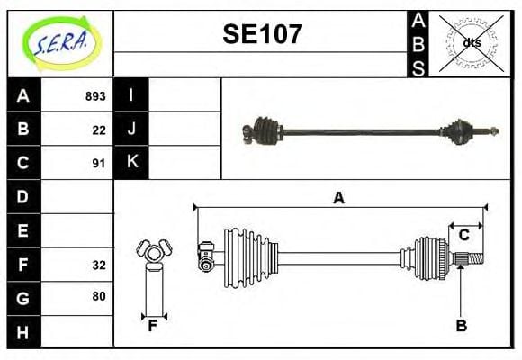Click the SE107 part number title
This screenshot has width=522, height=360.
click(x=262, y=35)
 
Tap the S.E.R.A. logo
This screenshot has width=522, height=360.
click(x=62, y=42)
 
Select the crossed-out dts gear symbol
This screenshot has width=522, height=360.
click(x=471, y=42)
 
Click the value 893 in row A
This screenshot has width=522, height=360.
click(x=95, y=96)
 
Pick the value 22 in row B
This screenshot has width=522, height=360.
click(x=99, y=130)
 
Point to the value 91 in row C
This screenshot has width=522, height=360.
click(x=99, y=164)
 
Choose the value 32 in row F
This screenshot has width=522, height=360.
click(x=99, y=265)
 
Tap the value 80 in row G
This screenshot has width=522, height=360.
click(x=99, y=296)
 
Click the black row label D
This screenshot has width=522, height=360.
click(x=23, y=196)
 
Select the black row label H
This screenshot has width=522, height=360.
click(x=23, y=331)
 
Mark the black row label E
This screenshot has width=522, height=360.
click(x=23, y=230)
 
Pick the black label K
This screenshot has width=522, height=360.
click(x=131, y=163)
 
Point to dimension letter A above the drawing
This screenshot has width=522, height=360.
click(x=338, y=199)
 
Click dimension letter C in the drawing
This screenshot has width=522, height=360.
click(x=464, y=235)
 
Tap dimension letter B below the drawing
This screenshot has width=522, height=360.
click(x=461, y=325)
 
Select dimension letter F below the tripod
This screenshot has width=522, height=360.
click(x=154, y=326)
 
